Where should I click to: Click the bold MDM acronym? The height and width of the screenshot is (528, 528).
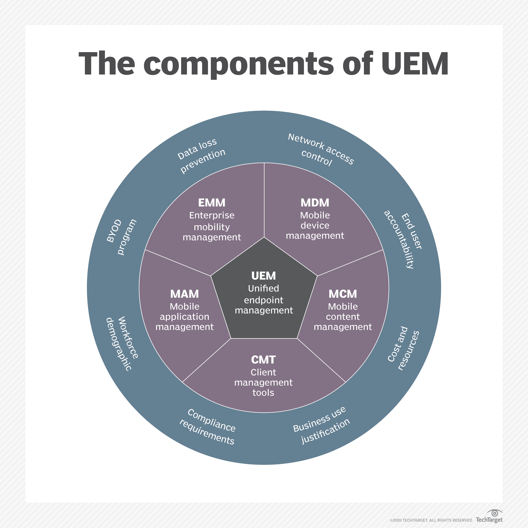click(x=315, y=203)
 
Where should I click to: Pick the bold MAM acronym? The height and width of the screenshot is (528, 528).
click(x=185, y=294)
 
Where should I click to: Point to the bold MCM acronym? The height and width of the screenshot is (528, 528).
click(x=343, y=294)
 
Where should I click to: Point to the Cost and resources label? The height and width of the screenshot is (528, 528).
click(x=403, y=348)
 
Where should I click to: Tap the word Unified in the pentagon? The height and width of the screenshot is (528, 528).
click(x=263, y=288)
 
